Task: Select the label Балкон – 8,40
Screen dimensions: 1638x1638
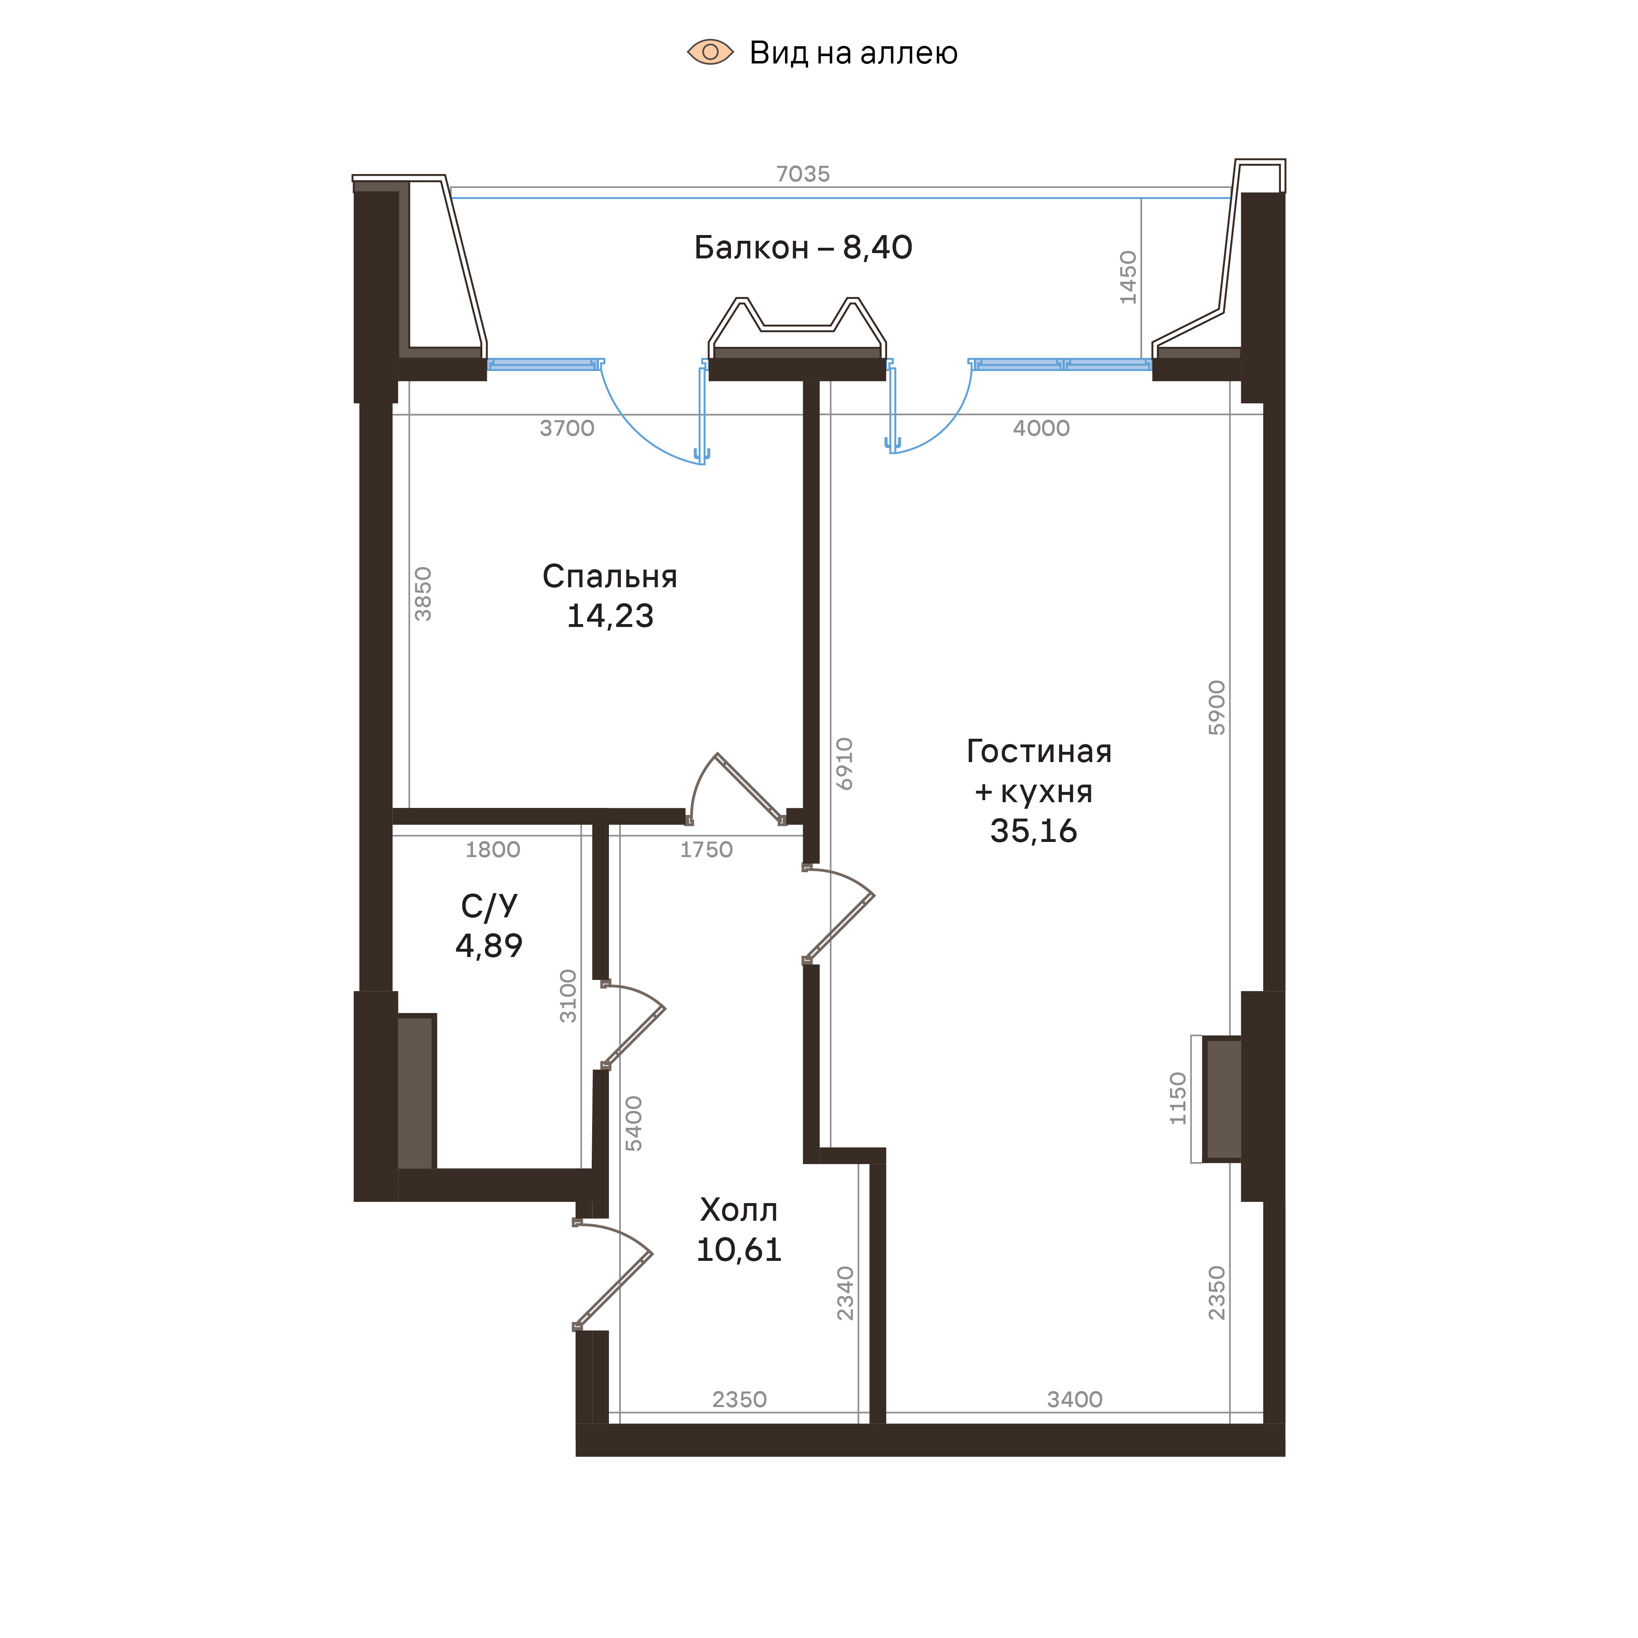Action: [x=802, y=248]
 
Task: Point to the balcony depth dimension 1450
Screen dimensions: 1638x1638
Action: [x=1128, y=277]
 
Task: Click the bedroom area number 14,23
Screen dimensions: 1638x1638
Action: [x=610, y=616]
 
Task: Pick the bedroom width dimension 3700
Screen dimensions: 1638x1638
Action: [x=566, y=428]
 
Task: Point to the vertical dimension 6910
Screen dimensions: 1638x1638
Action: [x=844, y=764]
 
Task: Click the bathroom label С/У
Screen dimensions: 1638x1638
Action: [x=489, y=906]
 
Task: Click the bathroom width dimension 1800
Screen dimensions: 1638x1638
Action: [x=493, y=850]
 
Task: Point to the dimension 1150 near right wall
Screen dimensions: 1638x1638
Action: [x=1178, y=1099]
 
